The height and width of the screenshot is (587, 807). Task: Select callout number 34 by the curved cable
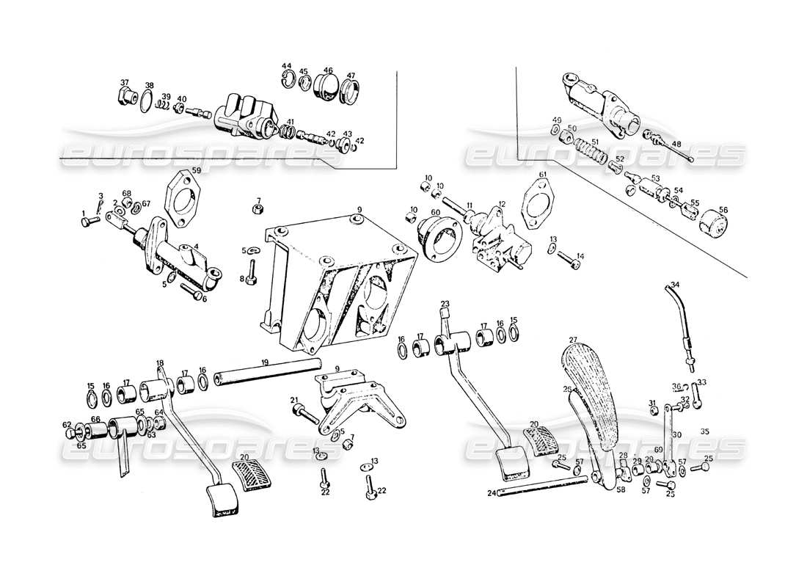point(675,285)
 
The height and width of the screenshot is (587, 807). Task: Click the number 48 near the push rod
point(676,144)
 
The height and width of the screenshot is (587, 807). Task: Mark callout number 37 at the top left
point(124,82)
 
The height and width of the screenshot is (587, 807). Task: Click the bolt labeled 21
point(305,415)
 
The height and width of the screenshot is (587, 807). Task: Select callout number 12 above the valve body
point(502,203)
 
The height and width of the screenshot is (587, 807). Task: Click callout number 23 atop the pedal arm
point(445,304)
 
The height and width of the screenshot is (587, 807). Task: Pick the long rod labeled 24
point(543,486)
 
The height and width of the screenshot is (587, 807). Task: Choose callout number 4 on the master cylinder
point(196,247)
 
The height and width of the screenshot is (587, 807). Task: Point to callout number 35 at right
point(705,431)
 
